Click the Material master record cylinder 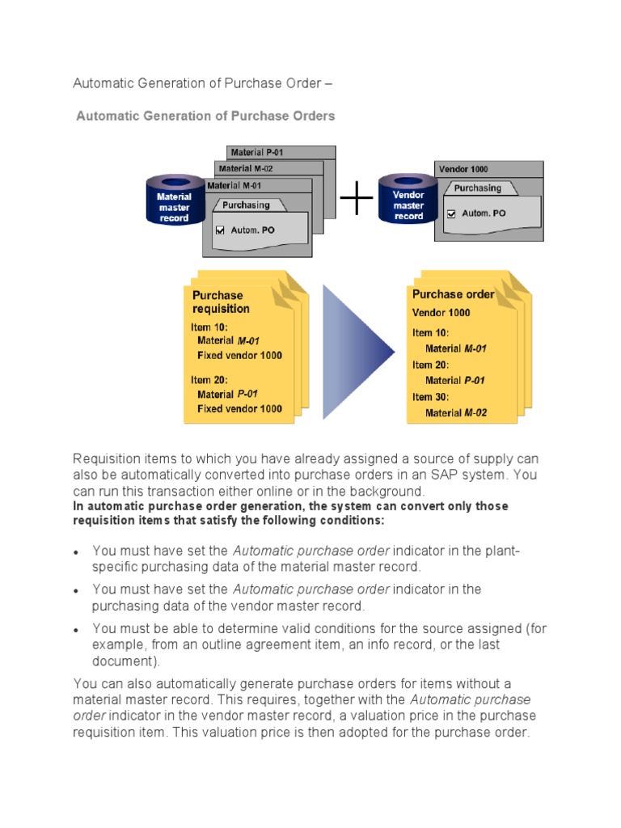pos(174,201)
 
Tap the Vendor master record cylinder pos(408,200)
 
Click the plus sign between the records pos(357,198)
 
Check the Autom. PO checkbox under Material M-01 pos(220,230)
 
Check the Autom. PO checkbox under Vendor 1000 pos(451,213)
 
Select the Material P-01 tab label pos(257,152)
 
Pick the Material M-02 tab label pos(246,168)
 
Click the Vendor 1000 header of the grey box pos(463,169)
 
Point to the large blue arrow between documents pos(356,351)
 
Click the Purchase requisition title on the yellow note pos(221,302)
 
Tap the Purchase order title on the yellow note pos(453,294)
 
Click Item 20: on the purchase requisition pos(209,379)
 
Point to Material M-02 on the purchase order pos(456,413)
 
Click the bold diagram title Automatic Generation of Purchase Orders pos(205,116)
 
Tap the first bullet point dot pos(76,552)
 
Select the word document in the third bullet pos(122,661)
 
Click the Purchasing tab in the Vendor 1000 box pos(477,188)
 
